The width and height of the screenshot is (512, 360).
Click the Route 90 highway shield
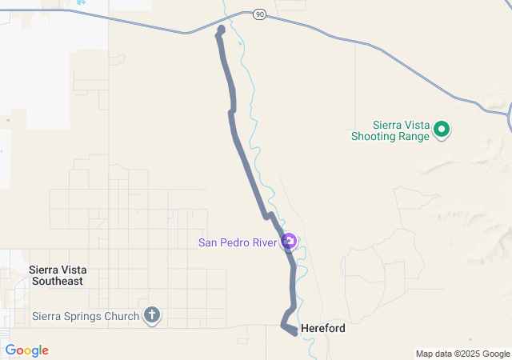258,14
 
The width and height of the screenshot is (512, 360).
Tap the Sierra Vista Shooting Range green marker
442,129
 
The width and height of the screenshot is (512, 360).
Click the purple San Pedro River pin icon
290,242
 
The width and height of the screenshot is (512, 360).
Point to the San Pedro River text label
237,242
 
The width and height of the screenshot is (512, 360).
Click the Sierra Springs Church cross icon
152,316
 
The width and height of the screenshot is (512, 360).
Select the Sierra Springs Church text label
86,316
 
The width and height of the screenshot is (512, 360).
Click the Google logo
26,350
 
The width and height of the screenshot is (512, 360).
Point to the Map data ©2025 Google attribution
462,354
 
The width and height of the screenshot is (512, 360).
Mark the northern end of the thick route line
221,30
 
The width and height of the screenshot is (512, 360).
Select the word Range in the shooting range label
413,136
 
